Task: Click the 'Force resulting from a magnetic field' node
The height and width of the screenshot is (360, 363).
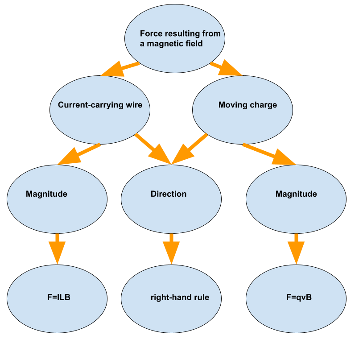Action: click(x=175, y=39)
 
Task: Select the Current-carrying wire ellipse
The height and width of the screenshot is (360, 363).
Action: click(x=99, y=110)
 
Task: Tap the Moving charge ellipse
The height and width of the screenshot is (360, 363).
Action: click(x=242, y=110)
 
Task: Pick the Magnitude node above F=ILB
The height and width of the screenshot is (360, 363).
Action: click(x=57, y=199)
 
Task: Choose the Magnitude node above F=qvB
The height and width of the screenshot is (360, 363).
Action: click(x=296, y=199)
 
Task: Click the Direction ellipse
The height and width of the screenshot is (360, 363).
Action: click(x=171, y=199)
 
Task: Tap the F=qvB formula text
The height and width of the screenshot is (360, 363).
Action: click(x=298, y=297)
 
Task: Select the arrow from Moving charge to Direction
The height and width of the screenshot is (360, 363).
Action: click(x=190, y=149)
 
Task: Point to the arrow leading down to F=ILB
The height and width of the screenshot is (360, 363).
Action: click(x=57, y=248)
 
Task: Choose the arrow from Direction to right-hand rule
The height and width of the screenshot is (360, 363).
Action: click(x=171, y=248)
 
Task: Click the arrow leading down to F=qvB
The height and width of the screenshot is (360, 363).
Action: click(x=296, y=248)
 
